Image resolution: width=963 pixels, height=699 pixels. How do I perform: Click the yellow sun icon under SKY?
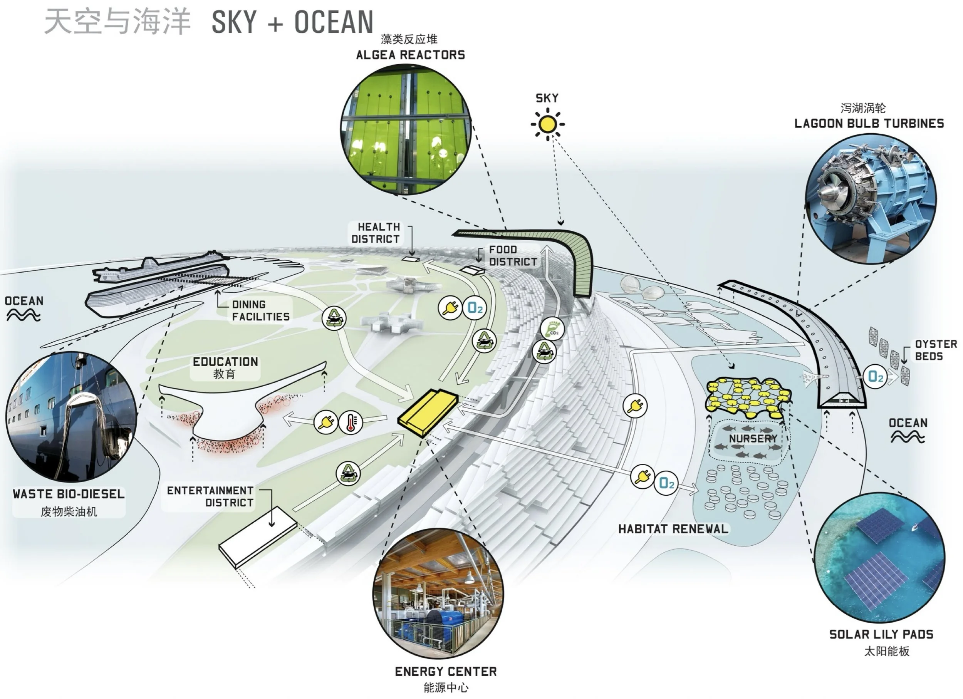coord(547,124)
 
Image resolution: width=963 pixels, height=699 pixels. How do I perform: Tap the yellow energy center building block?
coord(428,412)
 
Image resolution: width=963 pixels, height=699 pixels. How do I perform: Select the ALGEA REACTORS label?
coord(410,55)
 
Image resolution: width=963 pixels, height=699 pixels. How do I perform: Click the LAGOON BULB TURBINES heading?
coord(869,124)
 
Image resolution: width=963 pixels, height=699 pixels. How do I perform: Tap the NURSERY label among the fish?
coord(753,438)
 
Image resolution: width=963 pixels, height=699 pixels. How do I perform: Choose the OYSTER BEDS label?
coord(935,350)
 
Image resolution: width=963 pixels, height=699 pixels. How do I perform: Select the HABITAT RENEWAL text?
coord(673,529)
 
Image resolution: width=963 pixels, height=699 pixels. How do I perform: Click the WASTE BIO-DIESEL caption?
coord(69,494)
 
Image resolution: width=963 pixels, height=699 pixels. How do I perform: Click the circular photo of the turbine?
coord(871,199)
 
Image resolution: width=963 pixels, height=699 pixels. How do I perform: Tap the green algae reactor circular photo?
coord(406,129)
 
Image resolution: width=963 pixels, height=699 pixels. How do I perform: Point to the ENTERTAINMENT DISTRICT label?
coord(211,496)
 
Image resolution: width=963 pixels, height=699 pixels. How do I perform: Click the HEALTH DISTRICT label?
coord(376,233)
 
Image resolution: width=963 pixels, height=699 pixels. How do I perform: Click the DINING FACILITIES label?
coord(260,311)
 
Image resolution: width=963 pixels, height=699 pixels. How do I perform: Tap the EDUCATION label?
coord(225,362)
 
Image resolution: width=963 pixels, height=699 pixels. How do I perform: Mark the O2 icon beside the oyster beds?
coord(876,376)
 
